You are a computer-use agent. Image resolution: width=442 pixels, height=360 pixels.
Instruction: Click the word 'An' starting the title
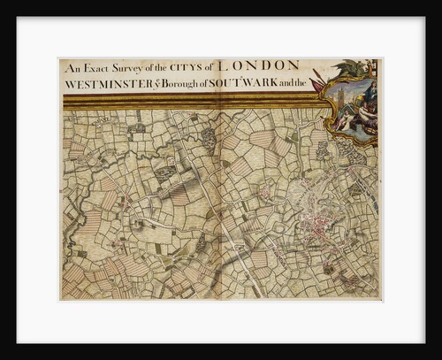71,66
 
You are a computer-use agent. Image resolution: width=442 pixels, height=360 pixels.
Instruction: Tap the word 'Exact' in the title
94,66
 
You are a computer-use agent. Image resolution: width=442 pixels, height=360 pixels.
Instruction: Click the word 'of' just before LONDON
208,66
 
